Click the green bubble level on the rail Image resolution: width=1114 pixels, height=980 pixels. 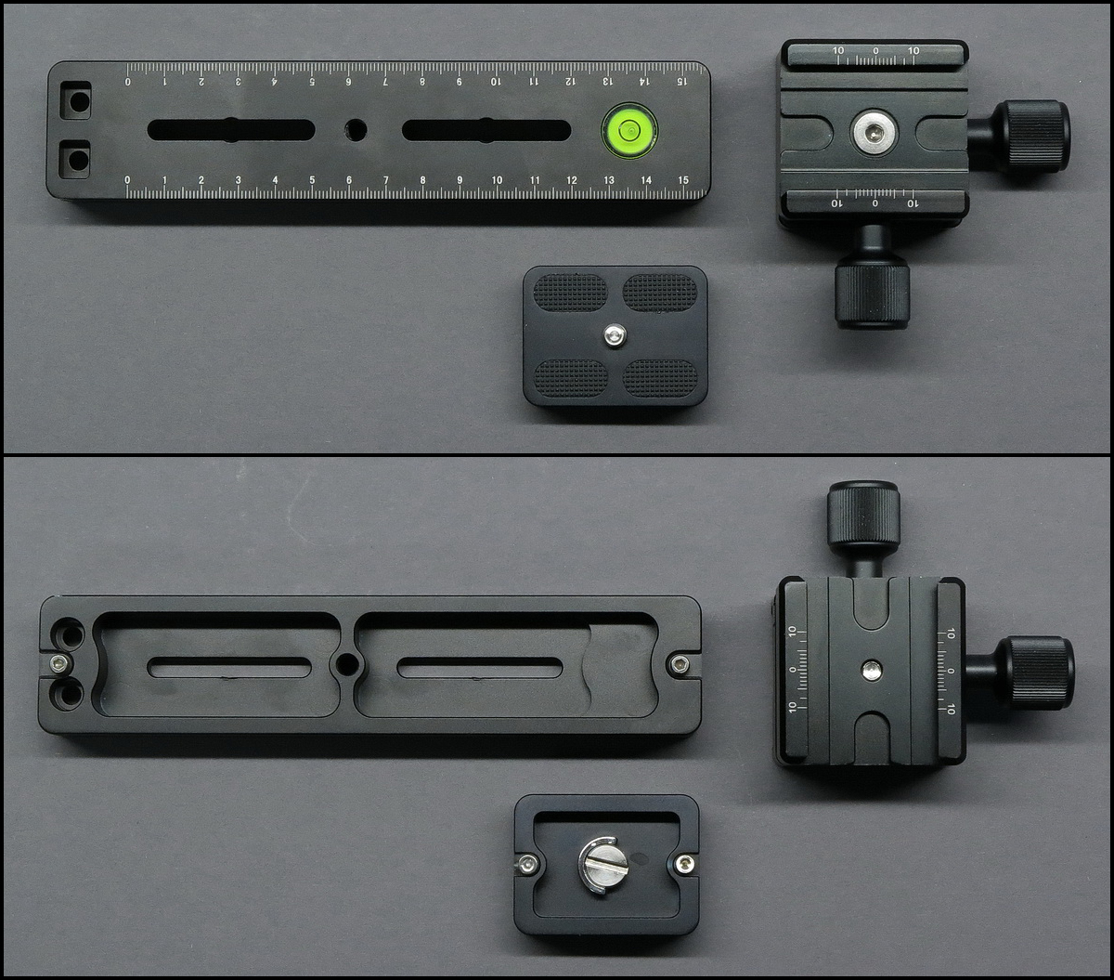[x=629, y=130]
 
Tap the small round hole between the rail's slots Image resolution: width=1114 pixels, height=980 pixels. [x=356, y=130]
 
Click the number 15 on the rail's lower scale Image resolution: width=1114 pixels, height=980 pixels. [x=683, y=180]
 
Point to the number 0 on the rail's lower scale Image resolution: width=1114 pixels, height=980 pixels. [x=127, y=180]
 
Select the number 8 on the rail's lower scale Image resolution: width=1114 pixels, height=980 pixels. [x=422, y=180]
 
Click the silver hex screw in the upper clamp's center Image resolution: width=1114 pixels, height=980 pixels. [x=874, y=132]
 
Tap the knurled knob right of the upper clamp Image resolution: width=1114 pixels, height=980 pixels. [x=1034, y=137]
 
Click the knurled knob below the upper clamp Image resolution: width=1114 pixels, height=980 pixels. [x=872, y=294]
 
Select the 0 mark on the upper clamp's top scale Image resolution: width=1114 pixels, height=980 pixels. [x=876, y=51]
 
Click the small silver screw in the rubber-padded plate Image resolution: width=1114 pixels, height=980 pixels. [x=615, y=335]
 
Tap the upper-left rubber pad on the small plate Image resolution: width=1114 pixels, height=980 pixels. [x=570, y=292]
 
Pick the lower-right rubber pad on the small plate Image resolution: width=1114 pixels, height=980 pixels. [x=660, y=378]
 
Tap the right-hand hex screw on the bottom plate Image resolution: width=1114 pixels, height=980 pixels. [x=683, y=865]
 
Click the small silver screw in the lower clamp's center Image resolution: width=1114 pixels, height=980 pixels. [x=871, y=670]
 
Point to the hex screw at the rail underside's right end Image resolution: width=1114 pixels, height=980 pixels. [x=680, y=665]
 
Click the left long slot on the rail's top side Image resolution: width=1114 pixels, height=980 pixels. [x=231, y=130]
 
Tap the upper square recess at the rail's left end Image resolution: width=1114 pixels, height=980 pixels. [x=75, y=100]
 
